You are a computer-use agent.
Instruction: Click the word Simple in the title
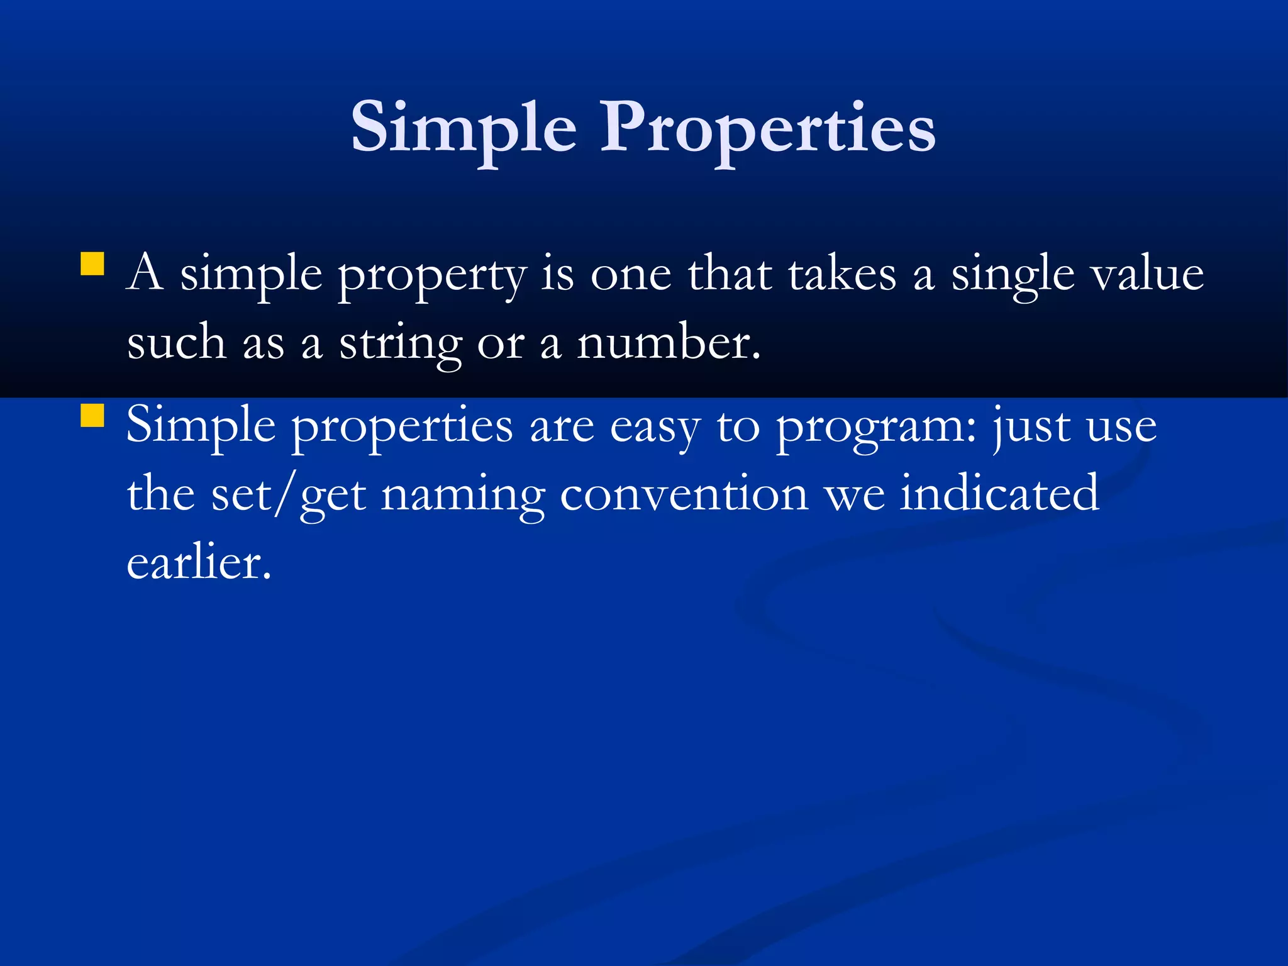coord(464,129)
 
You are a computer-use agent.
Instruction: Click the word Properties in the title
coord(768,129)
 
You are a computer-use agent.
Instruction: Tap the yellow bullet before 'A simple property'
coord(92,264)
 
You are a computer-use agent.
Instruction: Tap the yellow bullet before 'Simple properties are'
coord(92,416)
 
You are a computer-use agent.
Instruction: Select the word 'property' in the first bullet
coord(431,277)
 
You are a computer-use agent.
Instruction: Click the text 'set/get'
coord(289,496)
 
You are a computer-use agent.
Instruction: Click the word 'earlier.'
coord(199,562)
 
